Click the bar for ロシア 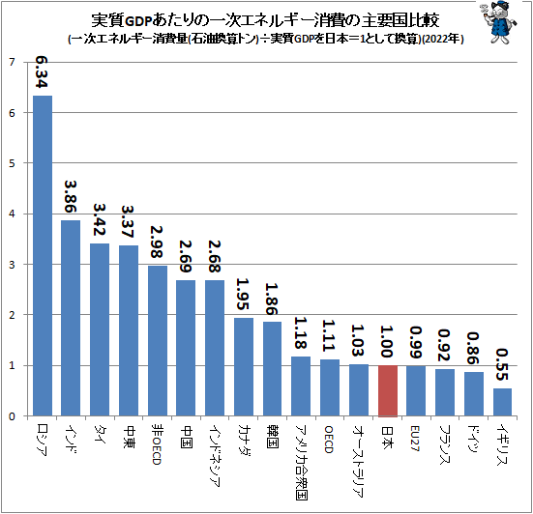pyautogui.click(x=43, y=256)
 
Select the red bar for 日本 pyautogui.click(x=387, y=390)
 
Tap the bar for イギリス pyautogui.click(x=502, y=402)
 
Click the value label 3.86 pyautogui.click(x=72, y=195)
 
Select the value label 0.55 pyautogui.click(x=502, y=363)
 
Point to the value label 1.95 pyautogui.click(x=244, y=292)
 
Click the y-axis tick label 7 pyautogui.click(x=11, y=63)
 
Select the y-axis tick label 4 pyautogui.click(x=11, y=214)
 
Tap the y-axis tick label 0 pyautogui.click(x=11, y=415)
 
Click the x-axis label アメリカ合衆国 pyautogui.click(x=301, y=458)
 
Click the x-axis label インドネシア pyautogui.click(x=215, y=453)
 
